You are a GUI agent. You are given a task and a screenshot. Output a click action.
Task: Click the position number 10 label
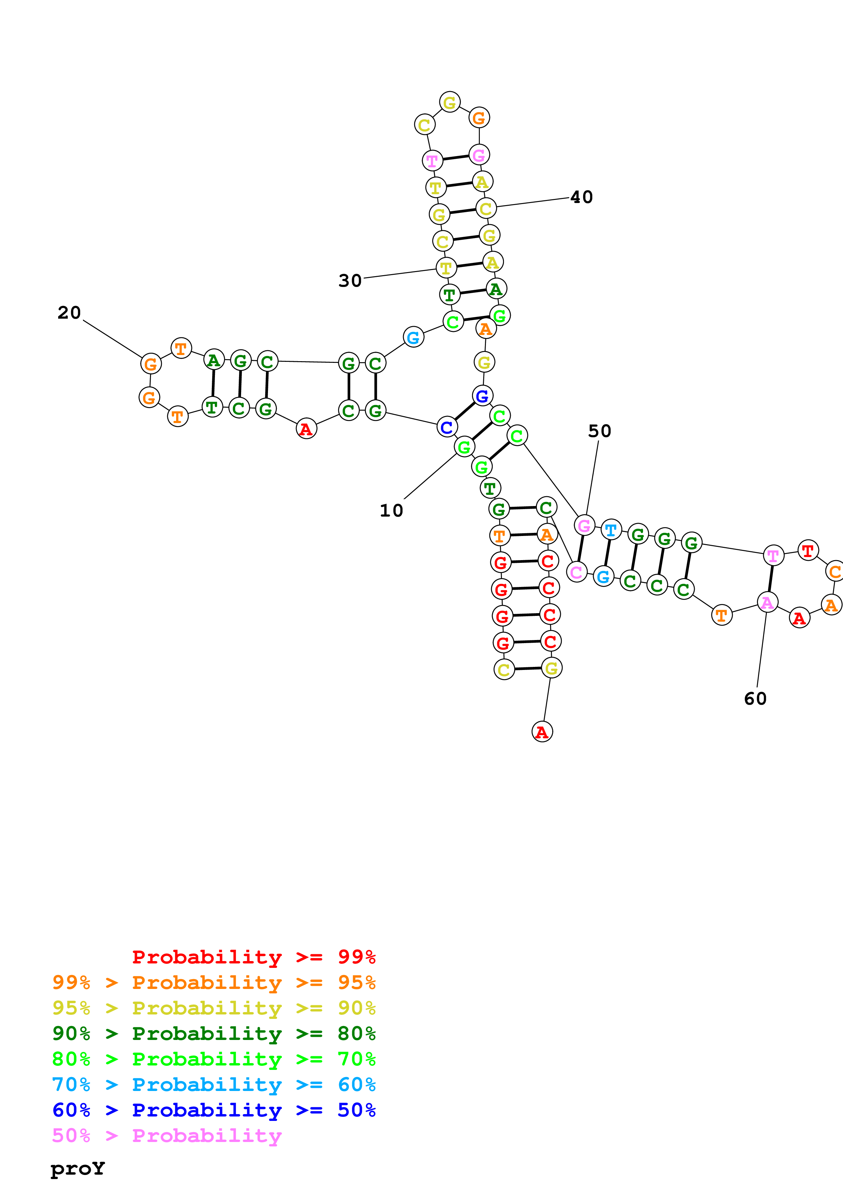pos(391,511)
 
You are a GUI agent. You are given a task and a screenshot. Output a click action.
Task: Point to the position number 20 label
pos(69,313)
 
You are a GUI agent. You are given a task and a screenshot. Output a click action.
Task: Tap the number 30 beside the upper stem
pos(350,281)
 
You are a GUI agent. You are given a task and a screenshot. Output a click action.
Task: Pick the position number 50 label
pos(600,431)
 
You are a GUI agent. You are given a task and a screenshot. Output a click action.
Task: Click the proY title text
pos(78,1168)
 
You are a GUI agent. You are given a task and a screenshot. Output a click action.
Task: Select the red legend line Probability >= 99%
pos(253,957)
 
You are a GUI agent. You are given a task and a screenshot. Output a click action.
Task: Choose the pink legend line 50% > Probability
pos(167,1135)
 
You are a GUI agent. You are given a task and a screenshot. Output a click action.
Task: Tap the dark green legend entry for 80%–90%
pos(214,1034)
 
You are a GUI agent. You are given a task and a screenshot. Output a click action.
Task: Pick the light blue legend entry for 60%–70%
pos(214,1085)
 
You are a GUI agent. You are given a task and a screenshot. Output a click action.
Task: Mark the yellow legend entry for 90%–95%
pos(214,1008)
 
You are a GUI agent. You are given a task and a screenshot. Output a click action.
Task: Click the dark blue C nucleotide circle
pos(447,427)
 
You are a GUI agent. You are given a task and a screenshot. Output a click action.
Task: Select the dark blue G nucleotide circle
pos(482,396)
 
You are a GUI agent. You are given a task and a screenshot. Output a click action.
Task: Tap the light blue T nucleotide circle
pos(611,530)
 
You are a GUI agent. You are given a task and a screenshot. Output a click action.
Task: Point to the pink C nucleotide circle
pos(576,572)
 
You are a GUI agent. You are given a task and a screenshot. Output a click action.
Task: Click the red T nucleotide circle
pos(808,550)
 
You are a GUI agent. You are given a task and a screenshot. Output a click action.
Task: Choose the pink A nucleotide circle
pos(767,603)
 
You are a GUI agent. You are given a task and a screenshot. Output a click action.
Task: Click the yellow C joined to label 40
pos(486,209)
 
